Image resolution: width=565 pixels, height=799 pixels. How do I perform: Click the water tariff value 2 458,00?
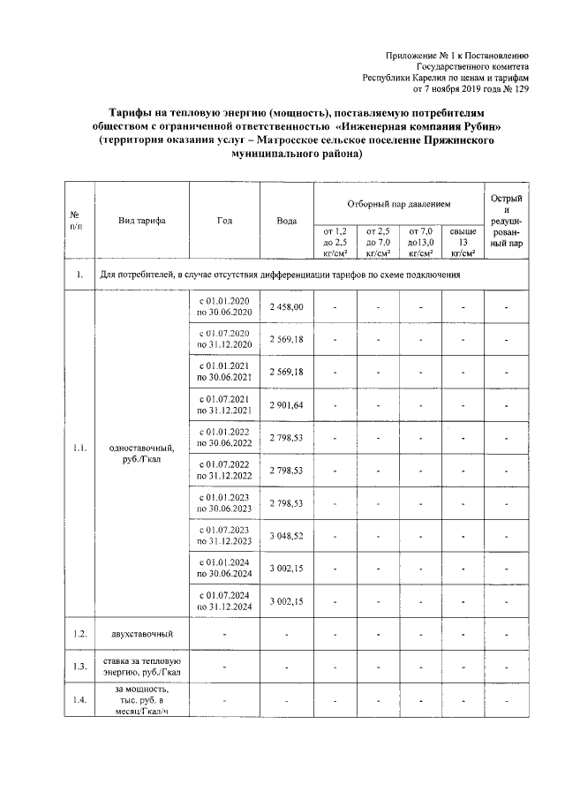(x=286, y=306)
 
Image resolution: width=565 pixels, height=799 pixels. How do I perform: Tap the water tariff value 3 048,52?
(x=286, y=536)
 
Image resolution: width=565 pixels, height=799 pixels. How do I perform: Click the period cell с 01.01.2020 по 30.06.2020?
(x=224, y=306)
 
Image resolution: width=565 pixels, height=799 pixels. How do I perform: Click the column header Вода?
(x=286, y=220)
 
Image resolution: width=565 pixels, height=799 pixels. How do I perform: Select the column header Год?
(x=224, y=220)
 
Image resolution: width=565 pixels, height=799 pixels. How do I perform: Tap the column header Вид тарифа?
(x=142, y=220)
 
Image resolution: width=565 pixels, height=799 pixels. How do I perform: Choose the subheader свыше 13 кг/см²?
(x=463, y=241)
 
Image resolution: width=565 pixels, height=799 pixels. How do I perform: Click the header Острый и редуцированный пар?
(x=507, y=220)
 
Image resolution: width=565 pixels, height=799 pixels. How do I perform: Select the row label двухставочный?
(x=142, y=634)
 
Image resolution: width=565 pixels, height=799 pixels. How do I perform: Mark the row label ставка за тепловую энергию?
(x=142, y=667)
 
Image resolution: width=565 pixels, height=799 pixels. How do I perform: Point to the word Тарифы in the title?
(x=134, y=114)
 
